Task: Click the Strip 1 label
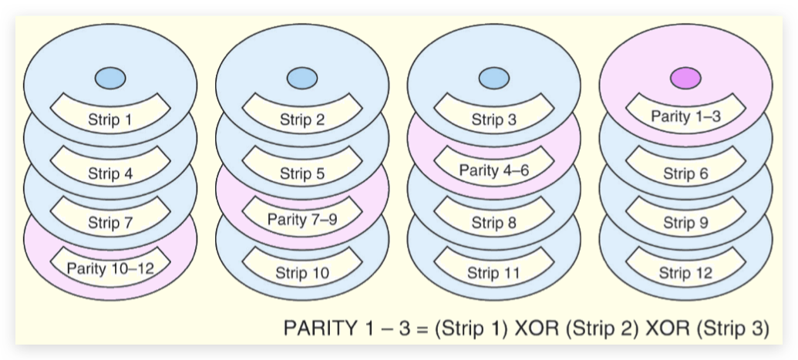[109, 120]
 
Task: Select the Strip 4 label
[109, 173]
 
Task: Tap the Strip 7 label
[109, 224]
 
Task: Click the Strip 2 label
[301, 120]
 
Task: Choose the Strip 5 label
[301, 173]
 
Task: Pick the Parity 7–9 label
[301, 219]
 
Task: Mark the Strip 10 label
[301, 273]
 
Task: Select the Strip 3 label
[493, 120]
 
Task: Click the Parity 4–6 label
[493, 170]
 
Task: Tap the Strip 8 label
[493, 224]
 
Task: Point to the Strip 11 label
[493, 273]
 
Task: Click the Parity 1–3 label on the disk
[685, 116]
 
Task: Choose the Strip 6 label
[685, 173]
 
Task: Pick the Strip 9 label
[685, 224]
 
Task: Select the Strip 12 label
[685, 273]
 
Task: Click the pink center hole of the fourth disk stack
[685, 78]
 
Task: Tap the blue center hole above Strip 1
[109, 78]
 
